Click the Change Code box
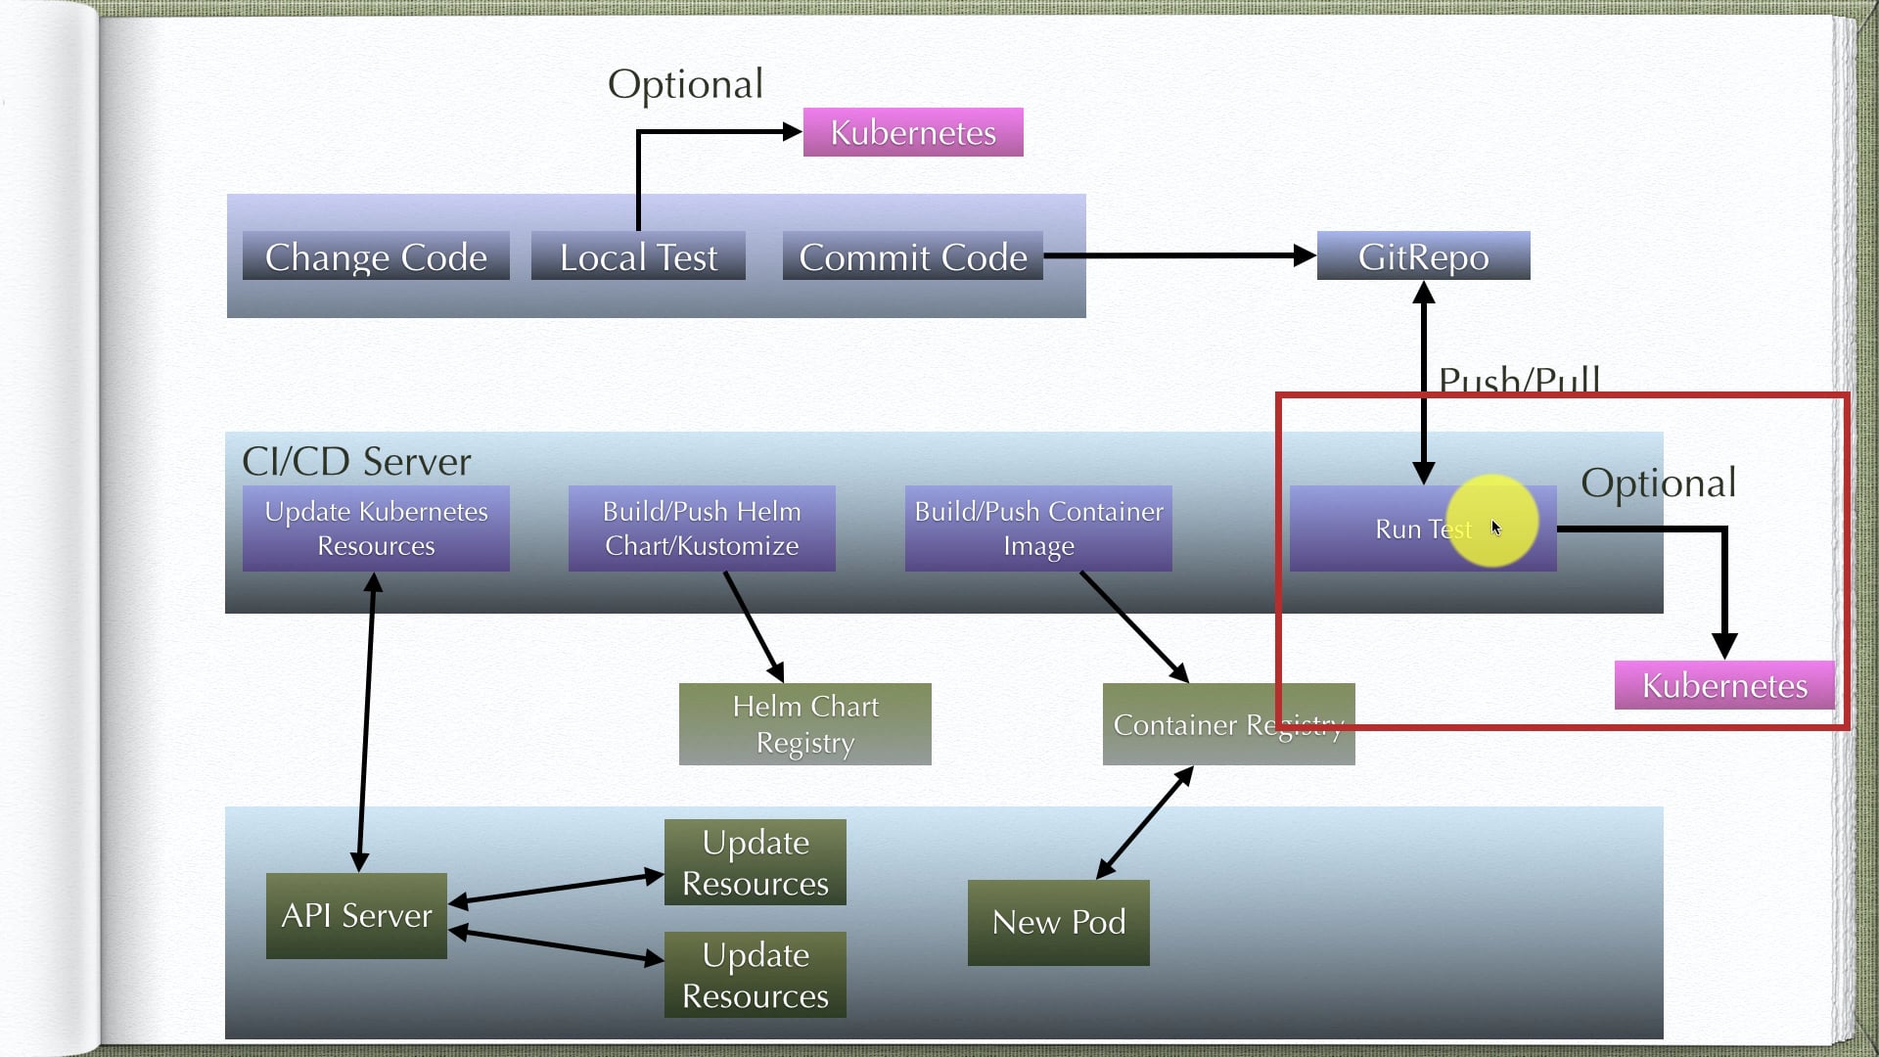click(x=376, y=256)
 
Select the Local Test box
click(x=638, y=256)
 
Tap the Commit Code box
click(x=912, y=256)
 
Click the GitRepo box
click(x=1423, y=256)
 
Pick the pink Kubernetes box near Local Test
click(x=913, y=132)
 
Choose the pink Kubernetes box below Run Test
click(x=1724, y=685)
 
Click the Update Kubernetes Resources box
click(x=376, y=528)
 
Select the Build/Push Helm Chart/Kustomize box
click(x=702, y=528)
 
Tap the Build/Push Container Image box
click(x=1038, y=528)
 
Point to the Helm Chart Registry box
click(x=804, y=724)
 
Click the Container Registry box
click(x=1228, y=724)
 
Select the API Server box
click(x=356, y=916)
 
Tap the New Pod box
click(x=1058, y=922)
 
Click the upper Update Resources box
click(x=755, y=862)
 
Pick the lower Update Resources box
click(x=755, y=975)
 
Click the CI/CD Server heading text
click(x=356, y=461)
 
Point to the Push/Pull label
click(x=1519, y=380)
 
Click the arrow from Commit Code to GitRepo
click(x=1174, y=255)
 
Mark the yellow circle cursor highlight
click(x=1491, y=521)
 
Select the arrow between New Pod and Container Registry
click(x=1144, y=823)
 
